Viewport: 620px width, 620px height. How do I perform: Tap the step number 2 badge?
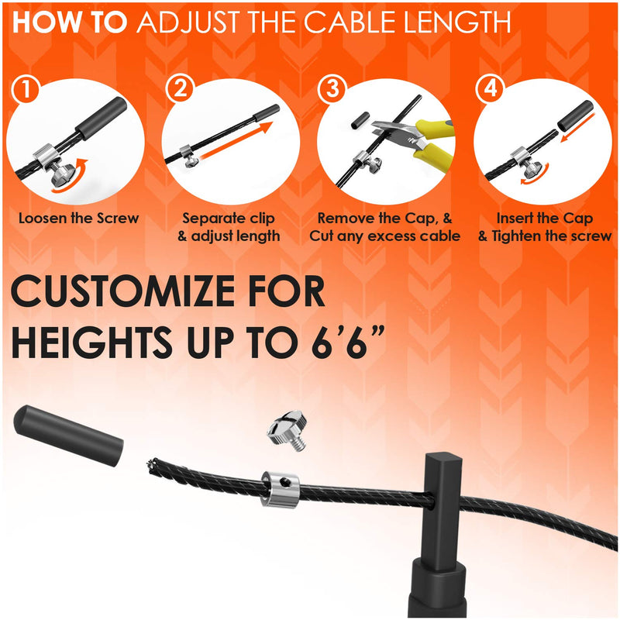[x=181, y=89]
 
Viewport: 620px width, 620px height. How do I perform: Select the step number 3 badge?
[x=334, y=89]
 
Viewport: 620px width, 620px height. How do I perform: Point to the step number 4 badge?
[x=489, y=89]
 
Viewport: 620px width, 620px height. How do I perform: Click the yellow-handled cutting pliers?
[x=423, y=139]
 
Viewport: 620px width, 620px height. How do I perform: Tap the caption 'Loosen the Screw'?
[x=79, y=218]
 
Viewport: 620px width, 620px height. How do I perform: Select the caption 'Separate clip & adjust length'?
[x=229, y=226]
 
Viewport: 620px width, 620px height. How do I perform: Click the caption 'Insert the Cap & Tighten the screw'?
[x=544, y=226]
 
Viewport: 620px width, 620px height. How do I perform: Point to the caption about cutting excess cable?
[x=385, y=226]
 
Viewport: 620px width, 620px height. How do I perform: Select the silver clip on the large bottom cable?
[x=281, y=489]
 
